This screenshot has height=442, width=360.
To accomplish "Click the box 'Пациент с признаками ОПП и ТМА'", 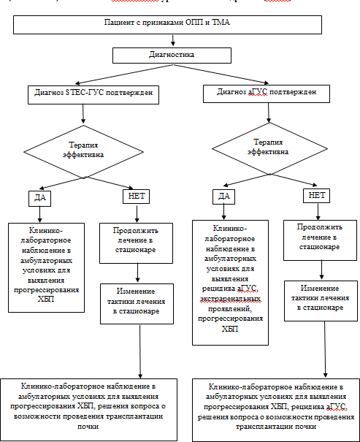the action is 167,25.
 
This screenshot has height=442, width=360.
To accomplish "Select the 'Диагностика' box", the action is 172,56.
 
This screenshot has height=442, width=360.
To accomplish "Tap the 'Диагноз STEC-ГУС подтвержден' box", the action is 93,95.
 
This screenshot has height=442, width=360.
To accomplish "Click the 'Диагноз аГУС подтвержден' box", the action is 267,94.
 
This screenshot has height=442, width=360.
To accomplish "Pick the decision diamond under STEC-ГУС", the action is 83,152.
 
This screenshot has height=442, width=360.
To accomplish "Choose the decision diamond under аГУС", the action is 269,148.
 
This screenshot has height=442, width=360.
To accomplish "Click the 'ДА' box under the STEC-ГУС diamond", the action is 39,199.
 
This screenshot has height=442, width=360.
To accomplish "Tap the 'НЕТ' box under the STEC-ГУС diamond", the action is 137,197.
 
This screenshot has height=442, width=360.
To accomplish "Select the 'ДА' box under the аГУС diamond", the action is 223,197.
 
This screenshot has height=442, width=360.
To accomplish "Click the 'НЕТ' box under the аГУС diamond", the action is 317,196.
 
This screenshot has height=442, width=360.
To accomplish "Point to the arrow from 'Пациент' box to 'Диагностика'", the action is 173,40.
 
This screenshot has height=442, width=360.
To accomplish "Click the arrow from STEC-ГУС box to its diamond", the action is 83,114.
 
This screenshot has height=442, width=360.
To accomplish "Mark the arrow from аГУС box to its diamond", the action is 269,113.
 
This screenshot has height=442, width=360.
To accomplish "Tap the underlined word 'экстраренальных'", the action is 230,299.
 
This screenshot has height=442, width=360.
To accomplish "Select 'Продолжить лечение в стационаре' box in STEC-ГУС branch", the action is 136,243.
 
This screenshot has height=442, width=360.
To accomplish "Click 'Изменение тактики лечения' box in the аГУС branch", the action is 321,301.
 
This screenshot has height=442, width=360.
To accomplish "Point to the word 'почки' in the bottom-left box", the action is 88,426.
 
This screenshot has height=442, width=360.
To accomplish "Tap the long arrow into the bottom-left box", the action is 140,351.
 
